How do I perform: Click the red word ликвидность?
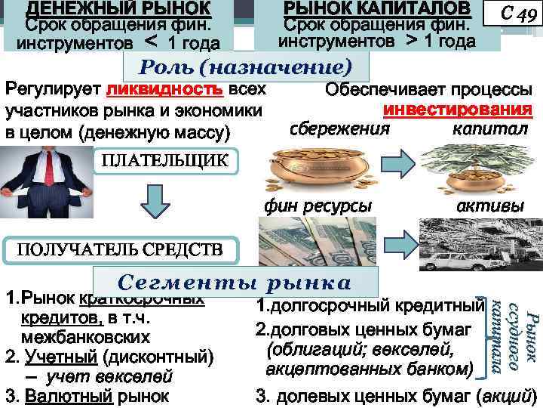(x=165, y=91)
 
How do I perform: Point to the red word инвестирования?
(x=459, y=110)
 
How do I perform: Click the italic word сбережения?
(x=339, y=128)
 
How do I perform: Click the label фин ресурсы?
(x=318, y=206)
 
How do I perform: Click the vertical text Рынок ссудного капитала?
(x=512, y=335)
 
